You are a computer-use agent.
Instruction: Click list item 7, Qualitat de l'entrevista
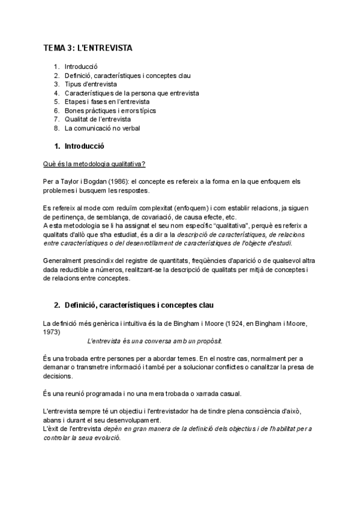pyautogui.click(x=98, y=119)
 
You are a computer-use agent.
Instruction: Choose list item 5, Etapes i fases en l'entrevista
pyautogui.click(x=107, y=102)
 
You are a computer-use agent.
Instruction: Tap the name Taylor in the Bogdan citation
pyautogui.click(x=65, y=181)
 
